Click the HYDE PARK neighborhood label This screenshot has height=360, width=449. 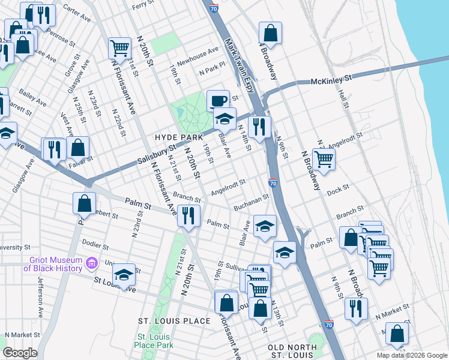pos(174,137)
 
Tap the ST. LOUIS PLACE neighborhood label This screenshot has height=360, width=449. pos(174,321)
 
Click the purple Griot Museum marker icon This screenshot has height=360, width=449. pos(91,263)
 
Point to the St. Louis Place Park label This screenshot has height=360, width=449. pos(154,341)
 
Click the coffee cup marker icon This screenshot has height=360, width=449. pos(218,100)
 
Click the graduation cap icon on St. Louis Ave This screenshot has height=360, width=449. pos(124,275)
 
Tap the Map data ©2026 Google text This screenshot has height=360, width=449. pos(412,355)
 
